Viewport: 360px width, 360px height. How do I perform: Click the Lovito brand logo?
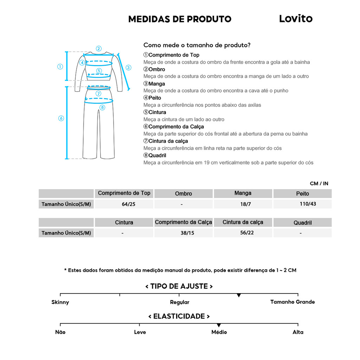(296, 19)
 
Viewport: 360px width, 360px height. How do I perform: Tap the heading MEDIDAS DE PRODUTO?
(180, 19)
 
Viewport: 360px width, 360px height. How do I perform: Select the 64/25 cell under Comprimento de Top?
(124, 204)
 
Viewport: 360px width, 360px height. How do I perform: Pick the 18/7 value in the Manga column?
(243, 204)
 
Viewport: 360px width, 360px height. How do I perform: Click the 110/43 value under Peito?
(302, 204)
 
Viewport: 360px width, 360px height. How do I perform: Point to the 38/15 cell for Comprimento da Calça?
(184, 233)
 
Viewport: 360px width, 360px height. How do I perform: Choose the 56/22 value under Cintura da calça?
(243, 233)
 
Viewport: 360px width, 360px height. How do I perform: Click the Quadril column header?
(302, 223)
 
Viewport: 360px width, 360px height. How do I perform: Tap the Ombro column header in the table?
(184, 194)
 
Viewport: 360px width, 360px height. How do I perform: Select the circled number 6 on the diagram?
(61, 118)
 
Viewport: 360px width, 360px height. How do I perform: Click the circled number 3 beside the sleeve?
(128, 67)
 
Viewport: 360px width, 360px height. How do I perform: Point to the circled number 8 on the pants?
(102, 107)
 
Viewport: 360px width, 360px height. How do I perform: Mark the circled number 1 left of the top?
(60, 66)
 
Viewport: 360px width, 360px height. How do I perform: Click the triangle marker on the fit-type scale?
(239, 295)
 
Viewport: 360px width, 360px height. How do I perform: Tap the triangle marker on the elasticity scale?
(219, 325)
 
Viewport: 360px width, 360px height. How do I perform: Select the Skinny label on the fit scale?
(60, 302)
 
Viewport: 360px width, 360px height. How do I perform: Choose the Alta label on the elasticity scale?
(298, 332)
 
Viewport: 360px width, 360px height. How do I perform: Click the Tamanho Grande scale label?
(292, 302)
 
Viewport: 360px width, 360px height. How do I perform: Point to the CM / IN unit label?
(319, 184)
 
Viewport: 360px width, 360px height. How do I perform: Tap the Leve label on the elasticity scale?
(140, 332)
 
